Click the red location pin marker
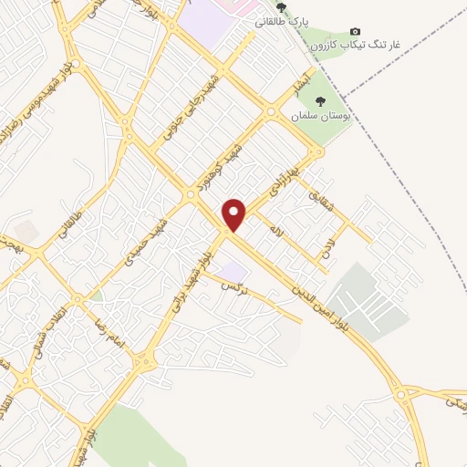coord(234,214)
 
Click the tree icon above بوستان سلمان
coord(320,101)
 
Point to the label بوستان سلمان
coord(320,116)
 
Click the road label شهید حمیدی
coord(147,240)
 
